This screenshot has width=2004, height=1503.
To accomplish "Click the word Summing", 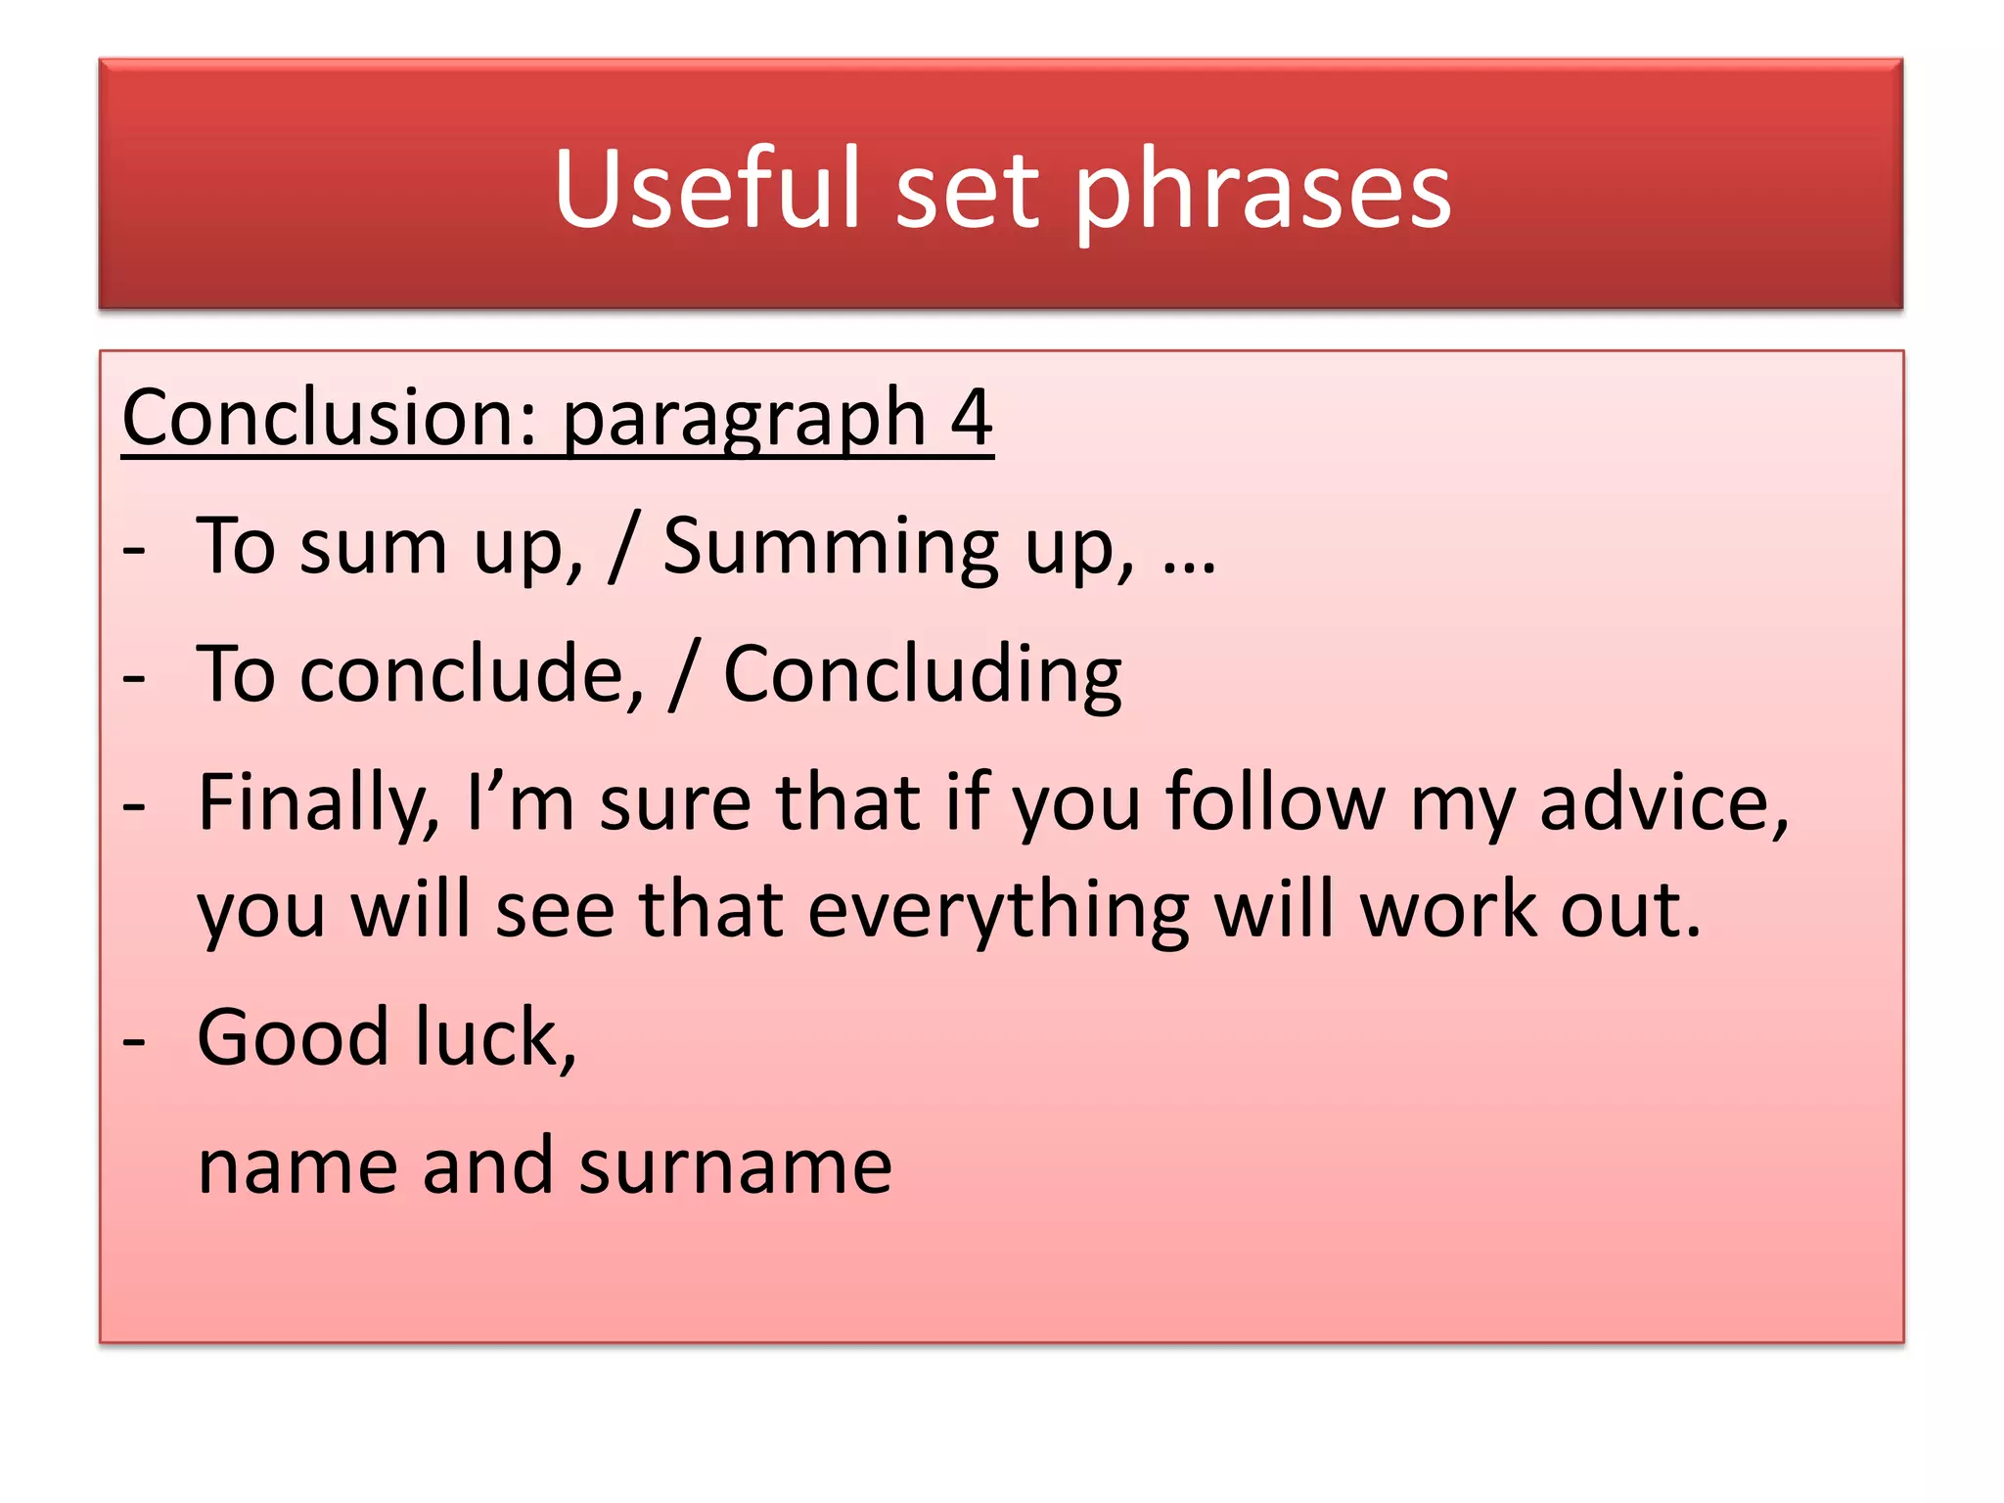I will [831, 547].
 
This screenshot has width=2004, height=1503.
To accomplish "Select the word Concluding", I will [922, 675].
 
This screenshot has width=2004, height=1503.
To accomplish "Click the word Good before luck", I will [294, 1037].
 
